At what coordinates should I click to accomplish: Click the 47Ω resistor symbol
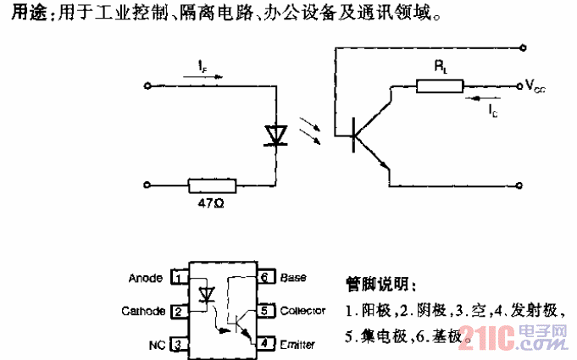[213, 184]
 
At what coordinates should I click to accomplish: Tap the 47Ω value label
[212, 204]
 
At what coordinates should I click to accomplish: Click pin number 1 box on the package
[179, 277]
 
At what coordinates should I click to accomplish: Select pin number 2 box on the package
[179, 311]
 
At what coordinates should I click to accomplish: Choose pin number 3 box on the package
[179, 344]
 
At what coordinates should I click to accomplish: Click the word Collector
[302, 311]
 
